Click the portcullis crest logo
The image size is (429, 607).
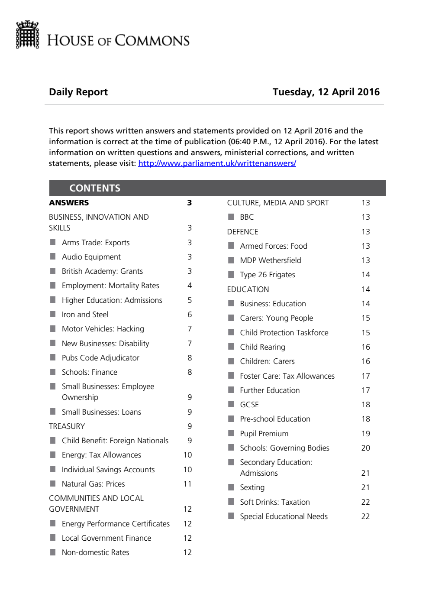click(27, 35)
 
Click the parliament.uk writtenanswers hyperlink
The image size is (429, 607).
click(217, 163)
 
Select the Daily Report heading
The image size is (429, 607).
click(78, 92)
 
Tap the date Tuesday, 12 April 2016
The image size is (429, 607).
click(326, 92)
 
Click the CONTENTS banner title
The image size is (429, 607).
click(95, 188)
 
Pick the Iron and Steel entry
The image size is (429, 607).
click(85, 315)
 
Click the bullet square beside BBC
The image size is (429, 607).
click(231, 217)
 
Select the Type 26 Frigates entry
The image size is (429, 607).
click(268, 275)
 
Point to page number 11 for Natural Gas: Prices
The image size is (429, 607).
click(187, 484)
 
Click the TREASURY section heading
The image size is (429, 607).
click(67, 426)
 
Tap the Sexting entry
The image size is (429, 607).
click(252, 487)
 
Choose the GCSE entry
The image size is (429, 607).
click(249, 405)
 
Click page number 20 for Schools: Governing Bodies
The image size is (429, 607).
click(366, 448)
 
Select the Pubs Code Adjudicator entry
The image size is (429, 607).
click(100, 358)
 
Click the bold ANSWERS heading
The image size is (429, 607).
click(69, 203)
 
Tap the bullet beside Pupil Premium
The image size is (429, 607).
click(231, 433)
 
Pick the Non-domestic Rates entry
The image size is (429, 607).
click(95, 552)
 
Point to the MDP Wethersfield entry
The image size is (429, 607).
click(271, 260)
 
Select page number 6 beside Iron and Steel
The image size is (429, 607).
click(190, 315)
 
